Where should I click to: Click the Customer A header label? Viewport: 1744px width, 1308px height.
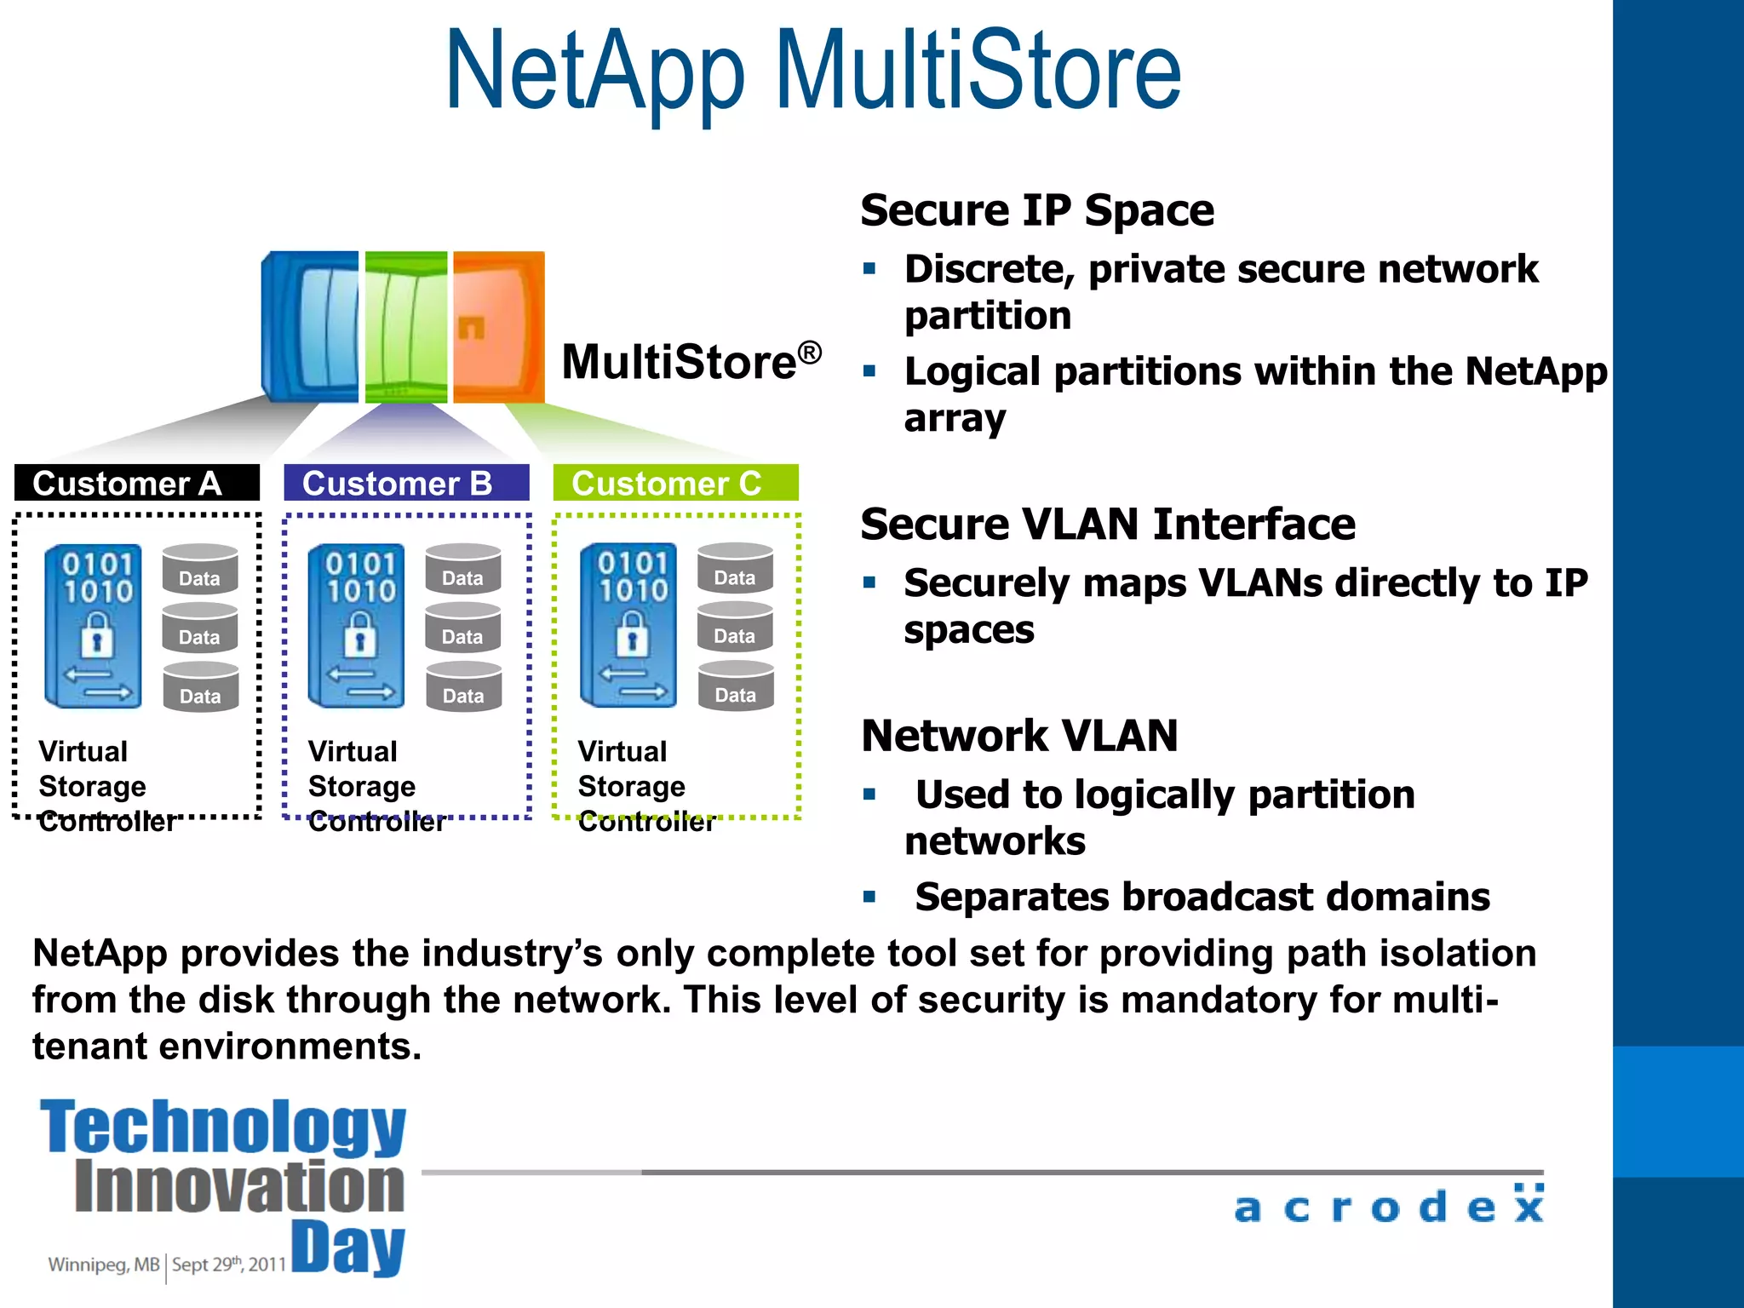(x=128, y=483)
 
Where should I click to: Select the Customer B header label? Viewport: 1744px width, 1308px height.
(x=398, y=483)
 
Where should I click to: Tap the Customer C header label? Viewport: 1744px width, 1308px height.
(x=667, y=483)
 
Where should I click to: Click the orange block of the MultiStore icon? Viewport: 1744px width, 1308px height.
(x=498, y=326)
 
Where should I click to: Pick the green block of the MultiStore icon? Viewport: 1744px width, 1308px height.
(x=406, y=326)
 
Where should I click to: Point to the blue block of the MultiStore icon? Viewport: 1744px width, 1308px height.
(x=312, y=326)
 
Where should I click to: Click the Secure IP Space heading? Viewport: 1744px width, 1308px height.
(x=1036, y=210)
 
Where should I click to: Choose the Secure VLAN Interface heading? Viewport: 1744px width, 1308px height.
(x=1107, y=524)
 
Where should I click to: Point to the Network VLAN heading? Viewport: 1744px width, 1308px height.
(x=1019, y=735)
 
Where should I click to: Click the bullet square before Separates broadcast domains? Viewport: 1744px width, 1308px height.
(x=869, y=897)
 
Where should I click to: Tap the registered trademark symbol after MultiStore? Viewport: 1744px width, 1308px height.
(x=809, y=351)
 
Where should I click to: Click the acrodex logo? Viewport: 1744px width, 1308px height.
(x=1388, y=1205)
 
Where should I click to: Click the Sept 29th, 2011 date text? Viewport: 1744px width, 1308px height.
(x=228, y=1265)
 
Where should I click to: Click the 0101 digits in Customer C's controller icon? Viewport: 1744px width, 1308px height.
(x=632, y=563)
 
